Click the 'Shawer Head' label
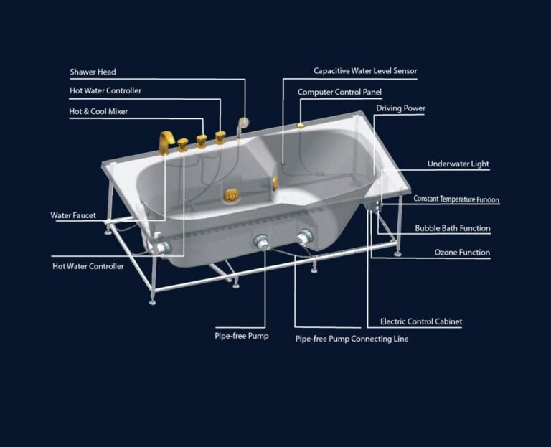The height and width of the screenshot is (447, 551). tap(93, 72)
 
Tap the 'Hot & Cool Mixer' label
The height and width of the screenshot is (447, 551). tap(98, 111)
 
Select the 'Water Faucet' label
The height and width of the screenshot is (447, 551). tap(73, 215)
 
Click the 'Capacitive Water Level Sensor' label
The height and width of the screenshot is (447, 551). tap(365, 71)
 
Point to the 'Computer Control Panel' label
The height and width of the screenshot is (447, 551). tap(339, 92)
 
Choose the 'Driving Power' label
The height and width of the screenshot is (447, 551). tap(400, 108)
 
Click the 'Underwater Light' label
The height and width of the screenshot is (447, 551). tap(458, 164)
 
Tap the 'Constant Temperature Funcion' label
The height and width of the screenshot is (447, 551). tap(456, 199)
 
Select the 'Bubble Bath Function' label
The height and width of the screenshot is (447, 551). tap(453, 228)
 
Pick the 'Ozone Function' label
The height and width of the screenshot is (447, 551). tap(462, 253)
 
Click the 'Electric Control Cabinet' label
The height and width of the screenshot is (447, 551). tap(421, 321)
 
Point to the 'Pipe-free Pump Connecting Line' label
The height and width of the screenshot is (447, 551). tap(352, 339)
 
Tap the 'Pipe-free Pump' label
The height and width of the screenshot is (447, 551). tap(242, 336)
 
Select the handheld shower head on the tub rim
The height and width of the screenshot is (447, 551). tap(242, 124)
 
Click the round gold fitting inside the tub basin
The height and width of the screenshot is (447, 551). tap(231, 195)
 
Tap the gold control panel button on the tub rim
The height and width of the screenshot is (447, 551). tap(300, 125)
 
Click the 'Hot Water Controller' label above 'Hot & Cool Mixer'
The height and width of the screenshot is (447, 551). tap(105, 90)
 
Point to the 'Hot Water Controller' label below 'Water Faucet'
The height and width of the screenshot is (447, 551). tap(88, 266)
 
